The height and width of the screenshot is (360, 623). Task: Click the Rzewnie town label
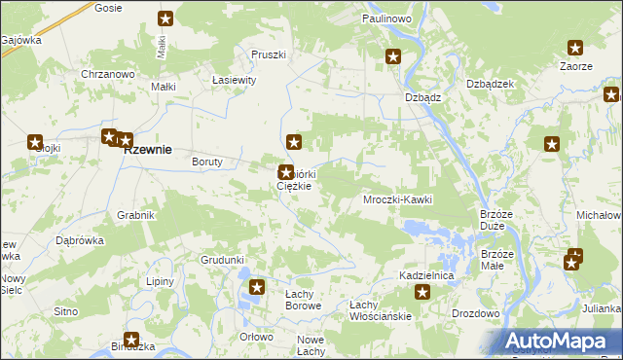(x=146, y=150)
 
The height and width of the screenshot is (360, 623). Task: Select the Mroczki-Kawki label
(x=396, y=199)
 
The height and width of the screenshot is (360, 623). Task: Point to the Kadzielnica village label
(x=426, y=276)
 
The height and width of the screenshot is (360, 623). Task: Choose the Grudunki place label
(x=222, y=260)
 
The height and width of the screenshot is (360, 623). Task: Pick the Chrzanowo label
(x=107, y=74)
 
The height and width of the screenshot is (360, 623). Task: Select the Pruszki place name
(x=268, y=54)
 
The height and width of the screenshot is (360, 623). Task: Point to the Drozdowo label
(x=475, y=313)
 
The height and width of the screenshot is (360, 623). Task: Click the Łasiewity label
(x=233, y=81)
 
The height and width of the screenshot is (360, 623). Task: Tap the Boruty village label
(x=208, y=162)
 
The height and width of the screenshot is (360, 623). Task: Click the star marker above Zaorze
(x=575, y=47)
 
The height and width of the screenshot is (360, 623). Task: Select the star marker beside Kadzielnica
(x=422, y=292)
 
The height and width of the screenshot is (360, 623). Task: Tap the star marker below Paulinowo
(x=393, y=57)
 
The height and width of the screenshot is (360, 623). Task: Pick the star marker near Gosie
(x=166, y=18)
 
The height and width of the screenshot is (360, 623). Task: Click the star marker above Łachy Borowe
(x=257, y=287)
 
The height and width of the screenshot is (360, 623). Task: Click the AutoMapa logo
(x=559, y=341)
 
